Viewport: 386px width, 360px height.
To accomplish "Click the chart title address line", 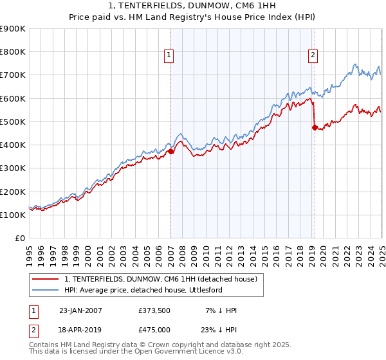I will (x=193, y=6).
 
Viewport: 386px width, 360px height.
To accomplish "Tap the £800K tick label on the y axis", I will (x=13, y=52).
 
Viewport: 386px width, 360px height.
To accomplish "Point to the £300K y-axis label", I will (x=13, y=168).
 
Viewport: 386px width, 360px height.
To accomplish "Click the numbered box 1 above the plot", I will (x=169, y=56).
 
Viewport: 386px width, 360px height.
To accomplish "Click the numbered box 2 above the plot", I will (x=313, y=56).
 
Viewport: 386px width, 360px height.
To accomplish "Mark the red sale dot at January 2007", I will (x=171, y=152).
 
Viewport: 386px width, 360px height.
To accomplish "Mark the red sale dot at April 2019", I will (x=315, y=127).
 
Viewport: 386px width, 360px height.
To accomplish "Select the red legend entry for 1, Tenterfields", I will (x=161, y=279).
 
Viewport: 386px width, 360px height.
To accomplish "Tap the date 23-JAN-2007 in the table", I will (x=80, y=310).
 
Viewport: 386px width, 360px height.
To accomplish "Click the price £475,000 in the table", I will (x=154, y=329).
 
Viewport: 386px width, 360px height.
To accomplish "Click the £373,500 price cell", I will (x=154, y=310).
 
